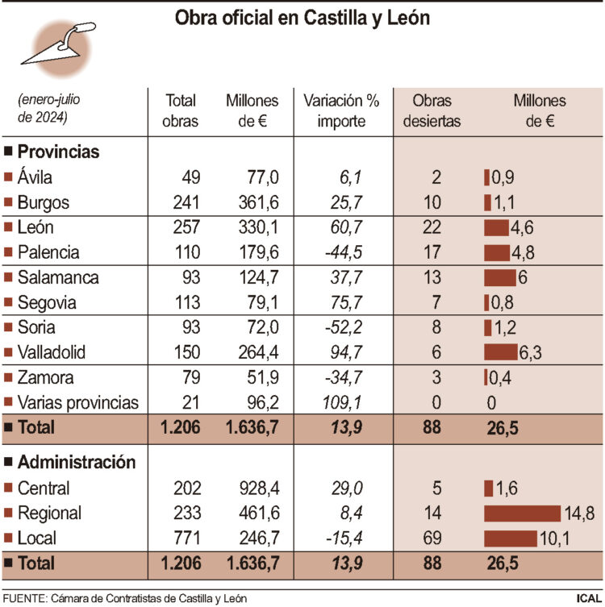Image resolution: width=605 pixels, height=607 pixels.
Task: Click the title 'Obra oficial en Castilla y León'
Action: point(302,19)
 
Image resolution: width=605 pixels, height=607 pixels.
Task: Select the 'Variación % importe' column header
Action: point(340,111)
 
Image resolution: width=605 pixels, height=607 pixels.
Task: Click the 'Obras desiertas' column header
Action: point(432,111)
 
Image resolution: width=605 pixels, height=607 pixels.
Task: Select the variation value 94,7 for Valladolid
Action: point(344,353)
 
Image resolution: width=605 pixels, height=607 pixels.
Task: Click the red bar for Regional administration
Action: point(521,513)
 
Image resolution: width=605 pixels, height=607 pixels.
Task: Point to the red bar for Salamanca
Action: point(499,277)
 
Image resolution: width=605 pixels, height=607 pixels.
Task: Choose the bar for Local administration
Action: point(510,538)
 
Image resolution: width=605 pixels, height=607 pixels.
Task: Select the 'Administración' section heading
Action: point(76,463)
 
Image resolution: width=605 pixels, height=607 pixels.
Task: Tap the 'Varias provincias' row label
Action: point(77,402)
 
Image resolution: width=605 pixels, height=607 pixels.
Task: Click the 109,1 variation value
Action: point(340,402)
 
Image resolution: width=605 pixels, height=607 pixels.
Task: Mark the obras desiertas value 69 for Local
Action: point(432,538)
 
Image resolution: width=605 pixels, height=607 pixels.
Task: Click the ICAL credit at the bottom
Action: point(587,598)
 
